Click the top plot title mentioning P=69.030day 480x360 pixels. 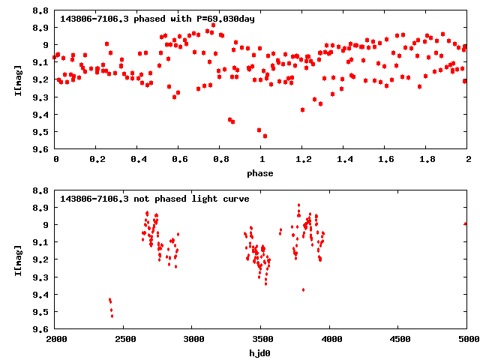click(x=157, y=19)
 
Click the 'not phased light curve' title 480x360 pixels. click(x=154, y=199)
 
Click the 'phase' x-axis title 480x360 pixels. click(x=261, y=173)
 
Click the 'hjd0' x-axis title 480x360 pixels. click(x=261, y=352)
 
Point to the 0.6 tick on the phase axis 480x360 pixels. click(x=178, y=160)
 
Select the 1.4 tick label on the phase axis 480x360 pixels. click(x=343, y=160)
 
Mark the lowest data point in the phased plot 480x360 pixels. click(x=265, y=136)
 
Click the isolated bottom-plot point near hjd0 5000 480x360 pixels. click(x=466, y=223)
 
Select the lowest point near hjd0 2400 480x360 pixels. click(x=112, y=316)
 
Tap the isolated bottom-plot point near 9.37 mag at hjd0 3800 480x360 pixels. click(x=303, y=289)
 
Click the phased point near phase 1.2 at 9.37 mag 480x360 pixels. click(x=302, y=109)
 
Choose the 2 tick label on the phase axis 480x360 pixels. click(x=466, y=160)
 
